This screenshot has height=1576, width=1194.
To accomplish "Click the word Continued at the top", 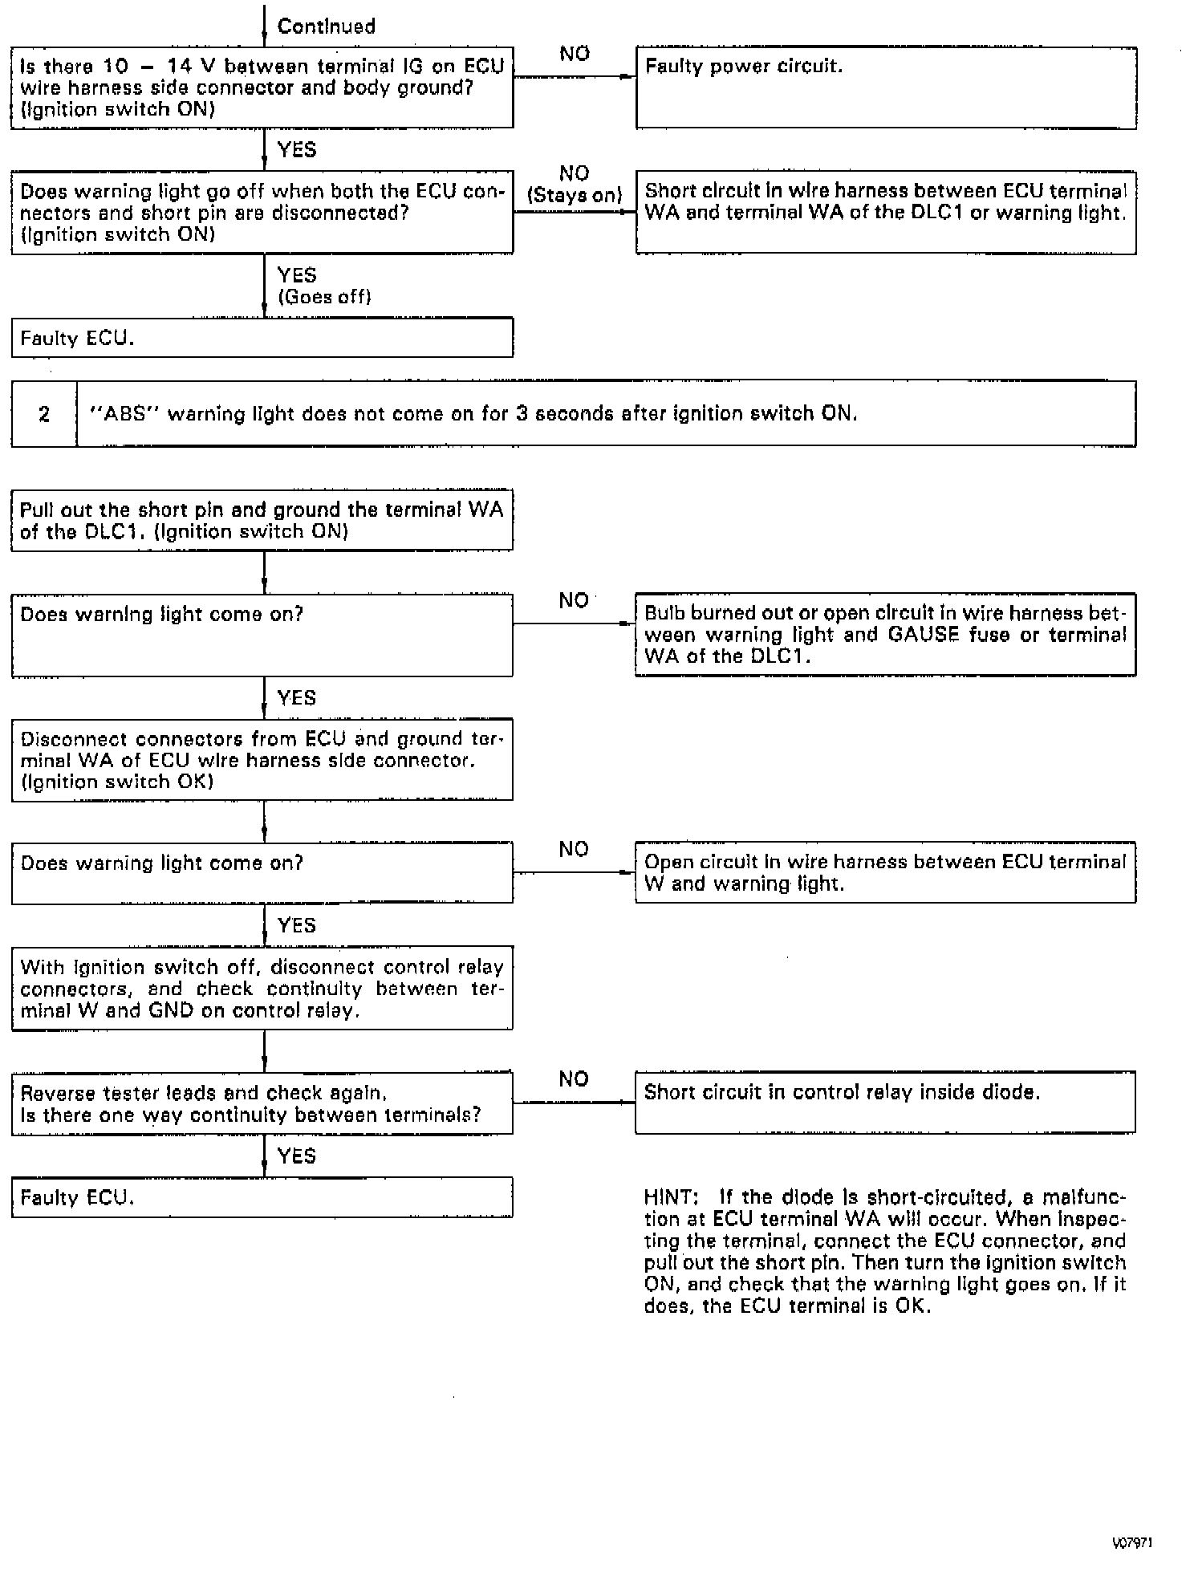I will point(326,26).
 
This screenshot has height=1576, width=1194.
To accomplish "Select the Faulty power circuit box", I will point(886,88).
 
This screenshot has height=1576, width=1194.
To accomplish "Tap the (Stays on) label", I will point(575,195).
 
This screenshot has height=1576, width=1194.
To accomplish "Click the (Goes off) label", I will point(324,297).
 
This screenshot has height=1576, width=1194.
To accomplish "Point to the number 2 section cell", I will point(44,414).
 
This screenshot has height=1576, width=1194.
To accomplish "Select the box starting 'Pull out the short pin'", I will point(262,521).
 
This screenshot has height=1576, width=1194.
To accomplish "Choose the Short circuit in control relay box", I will point(885,1102).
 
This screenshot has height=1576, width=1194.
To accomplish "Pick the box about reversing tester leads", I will point(262,1103).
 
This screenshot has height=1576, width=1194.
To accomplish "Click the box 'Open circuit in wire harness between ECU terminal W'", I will point(885,872).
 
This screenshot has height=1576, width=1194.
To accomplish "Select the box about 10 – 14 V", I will point(262,87).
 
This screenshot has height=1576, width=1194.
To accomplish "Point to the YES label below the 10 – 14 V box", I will point(296,150).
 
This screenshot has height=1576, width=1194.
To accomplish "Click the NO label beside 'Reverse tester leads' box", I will point(574,1079).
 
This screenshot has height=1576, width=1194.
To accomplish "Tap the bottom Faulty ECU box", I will point(262,1197).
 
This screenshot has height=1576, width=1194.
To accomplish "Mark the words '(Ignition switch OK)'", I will point(117,782).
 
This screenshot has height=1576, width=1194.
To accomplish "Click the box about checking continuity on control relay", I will point(262,989).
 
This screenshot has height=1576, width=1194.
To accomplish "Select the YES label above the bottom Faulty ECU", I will point(296,1156).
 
